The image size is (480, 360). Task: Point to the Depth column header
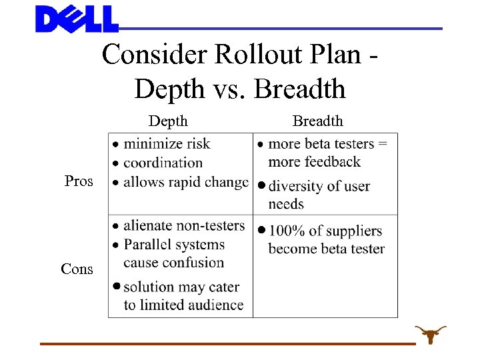168,121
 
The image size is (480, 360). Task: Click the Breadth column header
318,121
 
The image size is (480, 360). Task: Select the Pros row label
79,181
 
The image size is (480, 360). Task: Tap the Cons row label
77,269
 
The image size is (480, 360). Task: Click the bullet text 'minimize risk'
167,143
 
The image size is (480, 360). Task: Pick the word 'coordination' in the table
163,162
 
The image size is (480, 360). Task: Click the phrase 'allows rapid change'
186,181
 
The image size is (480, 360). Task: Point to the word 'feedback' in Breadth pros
333,161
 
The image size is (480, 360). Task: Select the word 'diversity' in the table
297,186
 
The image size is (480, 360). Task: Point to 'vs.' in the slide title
228,89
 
